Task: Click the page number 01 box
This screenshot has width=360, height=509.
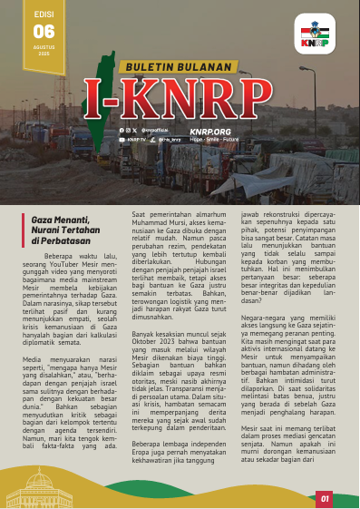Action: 325,497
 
